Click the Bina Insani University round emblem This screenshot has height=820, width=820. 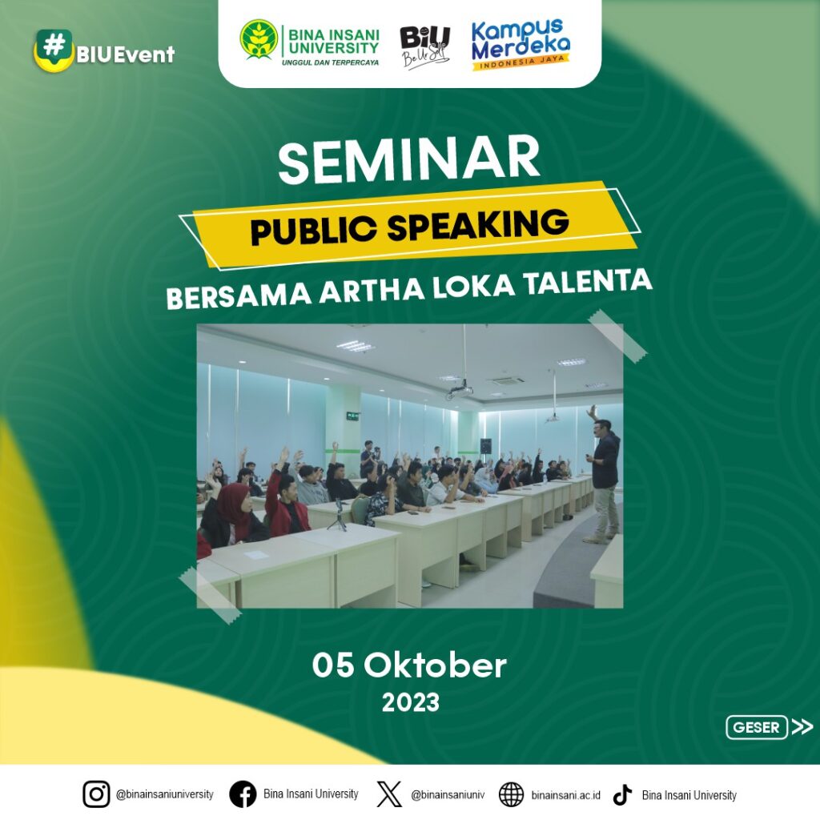tap(259, 39)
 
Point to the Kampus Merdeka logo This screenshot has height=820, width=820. tap(521, 44)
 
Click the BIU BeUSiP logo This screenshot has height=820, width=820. tap(424, 46)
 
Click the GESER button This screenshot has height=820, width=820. tap(756, 727)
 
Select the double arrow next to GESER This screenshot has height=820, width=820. tap(802, 727)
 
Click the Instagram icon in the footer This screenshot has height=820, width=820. tap(96, 794)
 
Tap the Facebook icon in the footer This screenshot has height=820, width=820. tap(243, 794)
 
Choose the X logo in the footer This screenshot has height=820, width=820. tap(389, 794)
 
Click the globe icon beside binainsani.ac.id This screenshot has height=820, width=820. tap(511, 794)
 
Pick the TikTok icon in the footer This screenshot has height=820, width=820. tap(622, 794)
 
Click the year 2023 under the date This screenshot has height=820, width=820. tap(410, 702)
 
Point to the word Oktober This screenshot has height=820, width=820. tap(435, 665)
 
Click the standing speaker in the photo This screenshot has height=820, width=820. tap(605, 476)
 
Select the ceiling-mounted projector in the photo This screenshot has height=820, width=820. tap(460, 391)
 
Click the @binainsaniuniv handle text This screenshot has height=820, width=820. tap(448, 795)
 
